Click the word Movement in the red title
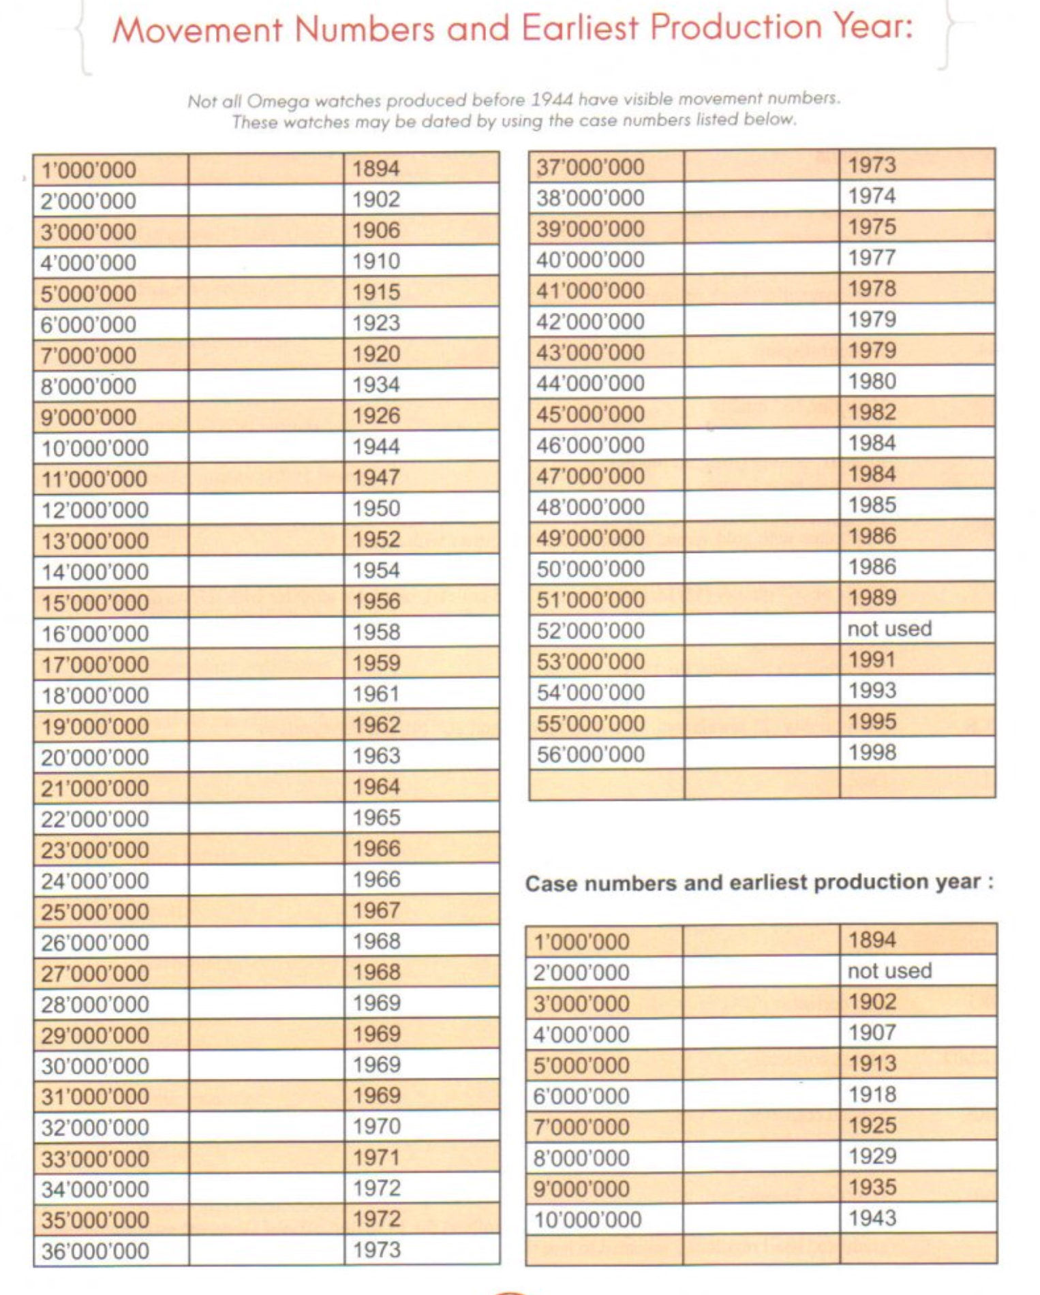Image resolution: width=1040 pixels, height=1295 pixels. coord(197,30)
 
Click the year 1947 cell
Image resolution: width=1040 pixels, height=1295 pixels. coord(376,478)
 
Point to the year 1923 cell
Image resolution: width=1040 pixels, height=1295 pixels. coord(376,323)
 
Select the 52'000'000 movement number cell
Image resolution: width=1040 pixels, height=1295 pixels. coord(590,630)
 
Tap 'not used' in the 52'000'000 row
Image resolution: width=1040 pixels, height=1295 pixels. coord(889,628)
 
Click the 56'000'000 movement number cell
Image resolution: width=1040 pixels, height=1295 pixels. coord(590,755)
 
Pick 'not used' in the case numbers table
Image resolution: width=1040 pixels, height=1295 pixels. coord(889,971)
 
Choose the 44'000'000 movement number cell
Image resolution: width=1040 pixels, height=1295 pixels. coord(590,383)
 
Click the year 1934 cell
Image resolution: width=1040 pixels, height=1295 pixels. coord(376,385)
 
